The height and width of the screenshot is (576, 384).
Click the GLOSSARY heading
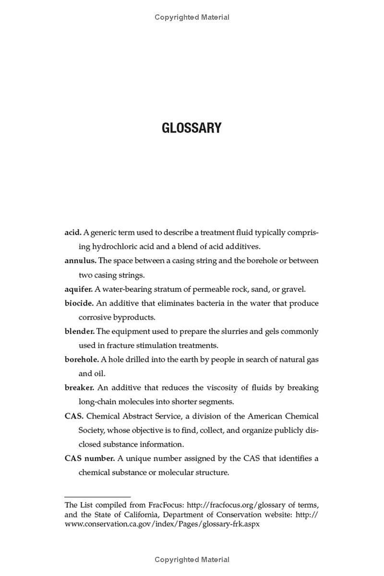(x=192, y=128)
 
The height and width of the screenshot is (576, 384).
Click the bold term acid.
(x=73, y=233)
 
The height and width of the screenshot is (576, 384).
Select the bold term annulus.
(x=80, y=261)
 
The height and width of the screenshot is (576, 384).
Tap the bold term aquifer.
(x=78, y=289)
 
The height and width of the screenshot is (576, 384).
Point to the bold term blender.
(x=80, y=332)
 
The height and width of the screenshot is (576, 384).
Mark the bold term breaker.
(x=79, y=388)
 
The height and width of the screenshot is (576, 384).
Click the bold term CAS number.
(x=89, y=458)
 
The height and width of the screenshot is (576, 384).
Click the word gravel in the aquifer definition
(x=292, y=289)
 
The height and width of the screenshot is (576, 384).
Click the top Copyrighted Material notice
(x=192, y=17)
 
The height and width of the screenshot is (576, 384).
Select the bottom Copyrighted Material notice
(x=192, y=560)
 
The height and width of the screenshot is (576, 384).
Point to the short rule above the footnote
(x=97, y=497)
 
